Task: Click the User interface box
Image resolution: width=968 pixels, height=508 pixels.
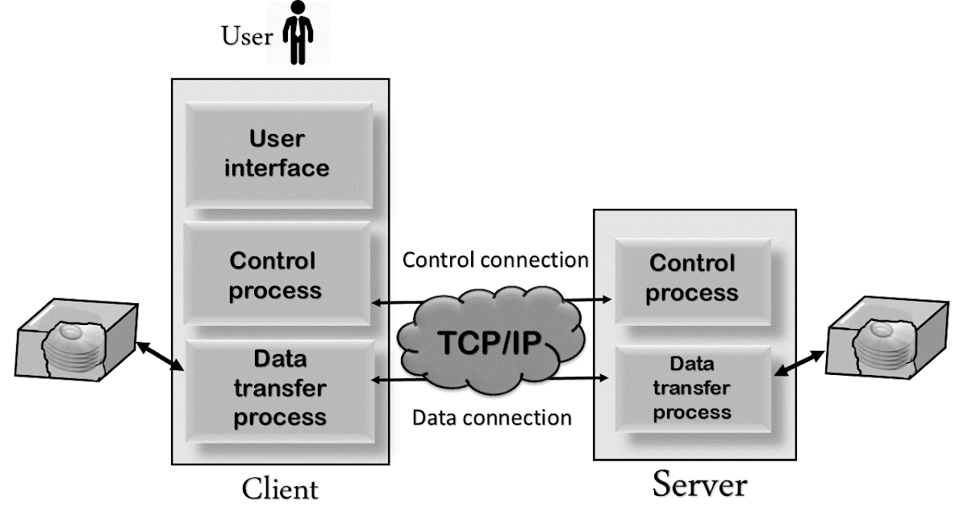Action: pos(278,153)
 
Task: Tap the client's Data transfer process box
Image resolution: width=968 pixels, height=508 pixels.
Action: pos(278,388)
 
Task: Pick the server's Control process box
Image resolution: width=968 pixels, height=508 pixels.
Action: pos(691,277)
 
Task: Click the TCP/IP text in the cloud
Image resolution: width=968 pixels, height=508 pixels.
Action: pos(490,344)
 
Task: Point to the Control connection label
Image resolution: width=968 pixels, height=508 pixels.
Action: pos(495,260)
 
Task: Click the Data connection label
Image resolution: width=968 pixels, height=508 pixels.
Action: pos(492,418)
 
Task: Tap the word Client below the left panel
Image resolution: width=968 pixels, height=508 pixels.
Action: pos(281,489)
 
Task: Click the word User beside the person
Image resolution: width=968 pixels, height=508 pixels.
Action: pos(247,37)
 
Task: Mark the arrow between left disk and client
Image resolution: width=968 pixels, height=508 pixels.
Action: pos(161,357)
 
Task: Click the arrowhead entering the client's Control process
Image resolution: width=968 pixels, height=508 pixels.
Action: pos(374,303)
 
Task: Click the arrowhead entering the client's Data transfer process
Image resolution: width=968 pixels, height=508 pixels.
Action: pos(374,377)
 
